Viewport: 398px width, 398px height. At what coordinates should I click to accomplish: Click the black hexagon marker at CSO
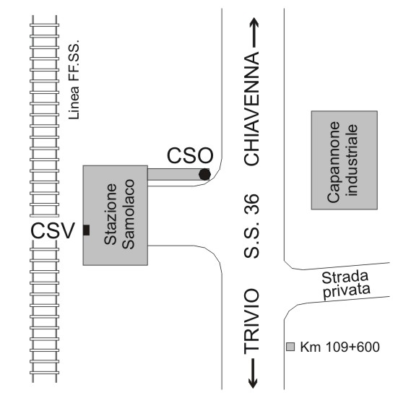pos(204,174)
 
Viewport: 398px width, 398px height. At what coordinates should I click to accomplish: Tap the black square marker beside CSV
pos(86,230)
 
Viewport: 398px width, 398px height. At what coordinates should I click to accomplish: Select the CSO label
pos(190,155)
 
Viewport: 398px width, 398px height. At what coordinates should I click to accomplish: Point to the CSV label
pos(53,230)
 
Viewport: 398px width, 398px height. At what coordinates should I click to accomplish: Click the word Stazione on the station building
pos(111,214)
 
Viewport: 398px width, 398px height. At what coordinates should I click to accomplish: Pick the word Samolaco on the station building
pos(128,214)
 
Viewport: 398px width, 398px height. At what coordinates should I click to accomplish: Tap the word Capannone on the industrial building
pos(334,162)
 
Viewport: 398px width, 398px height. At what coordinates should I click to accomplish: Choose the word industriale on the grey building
pos(352,160)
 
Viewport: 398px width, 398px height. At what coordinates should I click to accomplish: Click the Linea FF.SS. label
pos(74,79)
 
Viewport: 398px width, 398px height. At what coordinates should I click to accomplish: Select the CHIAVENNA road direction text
pos(251,108)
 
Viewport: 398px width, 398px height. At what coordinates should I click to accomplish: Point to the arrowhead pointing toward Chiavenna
pos(254,22)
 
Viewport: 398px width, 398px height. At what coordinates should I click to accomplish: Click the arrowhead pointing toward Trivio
pos(253,383)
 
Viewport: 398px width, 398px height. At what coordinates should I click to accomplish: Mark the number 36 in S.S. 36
pos(251,204)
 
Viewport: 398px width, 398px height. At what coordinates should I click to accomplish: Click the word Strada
pos(345,277)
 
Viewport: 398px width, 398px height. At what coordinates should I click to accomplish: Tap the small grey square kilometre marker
pos(290,347)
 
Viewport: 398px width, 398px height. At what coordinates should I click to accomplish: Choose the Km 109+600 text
pos(340,347)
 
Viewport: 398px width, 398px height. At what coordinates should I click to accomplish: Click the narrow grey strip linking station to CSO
pos(178,174)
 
